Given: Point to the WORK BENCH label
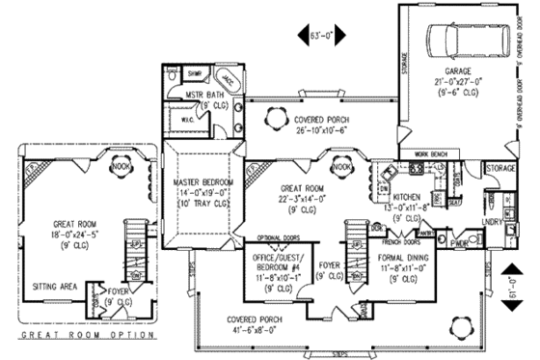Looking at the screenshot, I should click(433, 153).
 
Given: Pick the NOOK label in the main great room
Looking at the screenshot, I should click(340, 167).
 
